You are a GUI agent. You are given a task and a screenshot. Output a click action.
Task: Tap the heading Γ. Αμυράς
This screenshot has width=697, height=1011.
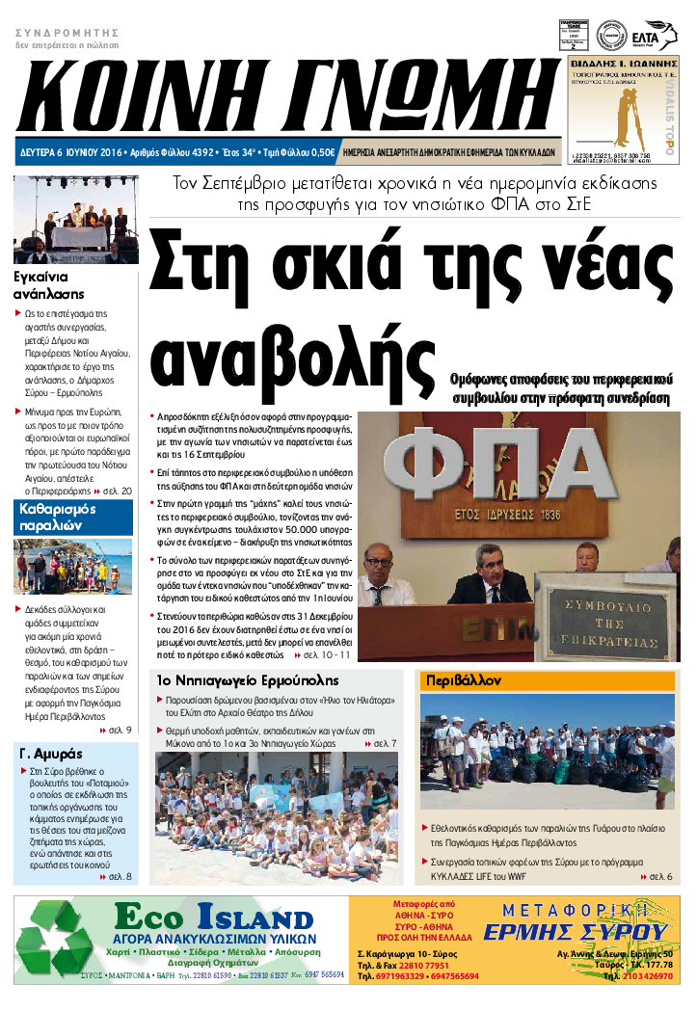[x=51, y=753]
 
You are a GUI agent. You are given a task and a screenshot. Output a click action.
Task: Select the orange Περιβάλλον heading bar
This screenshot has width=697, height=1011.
[x=548, y=679]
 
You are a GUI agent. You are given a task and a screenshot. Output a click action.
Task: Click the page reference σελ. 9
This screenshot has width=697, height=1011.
[x=121, y=730]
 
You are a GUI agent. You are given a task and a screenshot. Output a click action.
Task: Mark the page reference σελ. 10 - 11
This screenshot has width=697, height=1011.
[x=327, y=654]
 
